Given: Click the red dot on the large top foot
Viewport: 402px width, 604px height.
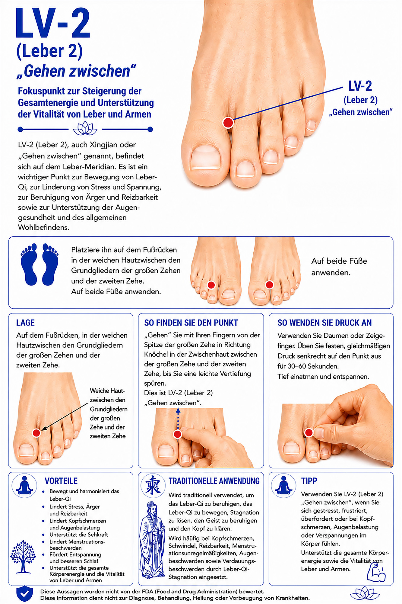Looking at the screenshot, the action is pyautogui.click(x=228, y=122).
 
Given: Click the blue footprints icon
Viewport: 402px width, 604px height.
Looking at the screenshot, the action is pyautogui.click(x=39, y=264).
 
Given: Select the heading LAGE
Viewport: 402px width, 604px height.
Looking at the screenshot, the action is pyautogui.click(x=25, y=323).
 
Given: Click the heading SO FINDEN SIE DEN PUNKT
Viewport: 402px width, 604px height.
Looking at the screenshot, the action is pyautogui.click(x=191, y=323).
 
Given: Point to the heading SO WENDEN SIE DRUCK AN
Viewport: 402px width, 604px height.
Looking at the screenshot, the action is pyautogui.click(x=324, y=323).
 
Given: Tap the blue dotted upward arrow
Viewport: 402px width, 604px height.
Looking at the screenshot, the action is pyautogui.click(x=178, y=418).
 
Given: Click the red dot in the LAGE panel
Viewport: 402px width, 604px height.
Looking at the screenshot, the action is pyautogui.click(x=36, y=433).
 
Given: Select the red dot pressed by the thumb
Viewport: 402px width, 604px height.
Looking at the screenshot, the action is pyautogui.click(x=309, y=432).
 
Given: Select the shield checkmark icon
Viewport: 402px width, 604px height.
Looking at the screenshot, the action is pyautogui.click(x=24, y=594).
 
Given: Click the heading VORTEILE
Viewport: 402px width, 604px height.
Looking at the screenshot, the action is pyautogui.click(x=61, y=481).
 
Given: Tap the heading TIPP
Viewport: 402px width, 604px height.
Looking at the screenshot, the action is pyautogui.click(x=309, y=481).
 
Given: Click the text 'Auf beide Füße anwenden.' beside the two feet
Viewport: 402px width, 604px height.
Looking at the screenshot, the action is pyautogui.click(x=339, y=267).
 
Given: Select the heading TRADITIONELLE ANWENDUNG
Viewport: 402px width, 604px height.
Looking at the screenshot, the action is pyautogui.click(x=214, y=481).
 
